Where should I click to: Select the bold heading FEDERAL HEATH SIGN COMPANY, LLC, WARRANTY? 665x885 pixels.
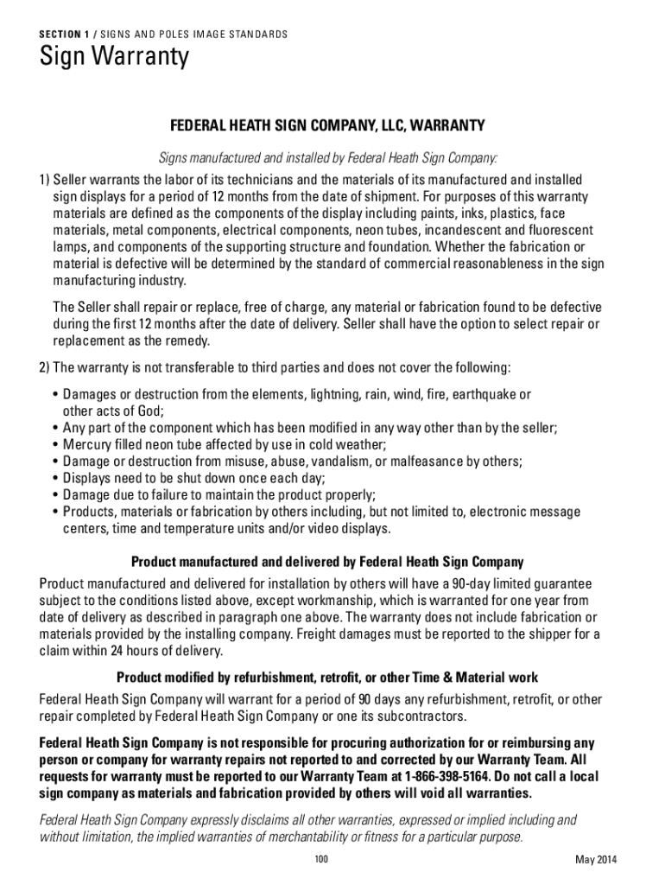pyautogui.click(x=326, y=126)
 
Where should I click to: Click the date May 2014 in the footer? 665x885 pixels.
pyautogui.click(x=596, y=859)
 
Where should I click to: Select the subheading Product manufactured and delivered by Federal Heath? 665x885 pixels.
pyautogui.click(x=326, y=561)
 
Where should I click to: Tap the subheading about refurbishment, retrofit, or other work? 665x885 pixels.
pyautogui.click(x=326, y=677)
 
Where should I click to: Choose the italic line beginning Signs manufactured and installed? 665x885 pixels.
pyautogui.click(x=326, y=157)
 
